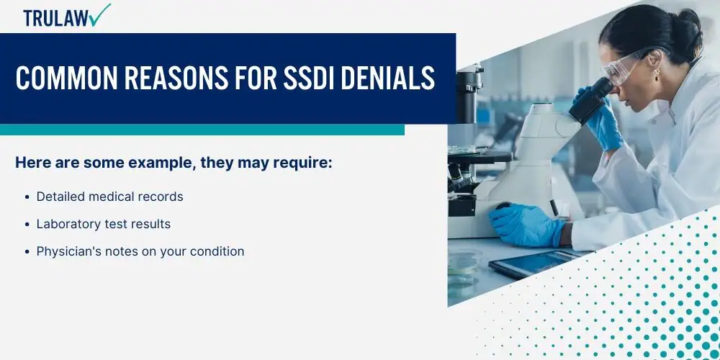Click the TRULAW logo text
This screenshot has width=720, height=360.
tap(56, 18)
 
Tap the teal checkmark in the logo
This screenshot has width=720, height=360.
tap(101, 14)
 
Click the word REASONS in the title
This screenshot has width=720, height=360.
tap(176, 78)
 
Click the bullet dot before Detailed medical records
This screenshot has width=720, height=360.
tap(28, 197)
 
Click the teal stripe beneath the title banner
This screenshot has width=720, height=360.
tap(202, 130)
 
